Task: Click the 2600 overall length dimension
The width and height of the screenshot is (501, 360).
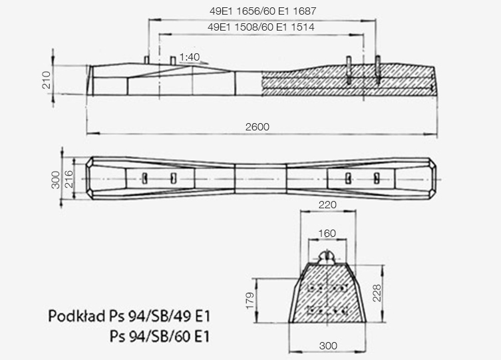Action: [x=261, y=126]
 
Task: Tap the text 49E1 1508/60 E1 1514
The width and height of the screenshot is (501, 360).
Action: [x=261, y=28]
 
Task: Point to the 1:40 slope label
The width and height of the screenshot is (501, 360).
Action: [x=190, y=58]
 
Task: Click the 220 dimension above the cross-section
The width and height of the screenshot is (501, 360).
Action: [x=327, y=206]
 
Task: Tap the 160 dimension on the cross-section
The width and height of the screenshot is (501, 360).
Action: [x=327, y=234]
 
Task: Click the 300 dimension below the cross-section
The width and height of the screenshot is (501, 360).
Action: [x=327, y=346]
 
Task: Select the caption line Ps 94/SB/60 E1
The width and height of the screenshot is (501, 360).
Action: [x=160, y=337]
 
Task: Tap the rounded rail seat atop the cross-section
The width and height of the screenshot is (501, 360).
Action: [x=327, y=256]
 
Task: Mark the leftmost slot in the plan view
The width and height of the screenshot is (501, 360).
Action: [x=144, y=178]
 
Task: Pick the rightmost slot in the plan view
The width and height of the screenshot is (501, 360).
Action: [x=377, y=178]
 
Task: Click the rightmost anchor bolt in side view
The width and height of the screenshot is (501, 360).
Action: [x=378, y=69]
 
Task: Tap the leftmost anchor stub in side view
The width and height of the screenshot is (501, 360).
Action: [x=146, y=60]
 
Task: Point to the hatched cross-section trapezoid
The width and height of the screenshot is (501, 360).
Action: [x=327, y=293]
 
